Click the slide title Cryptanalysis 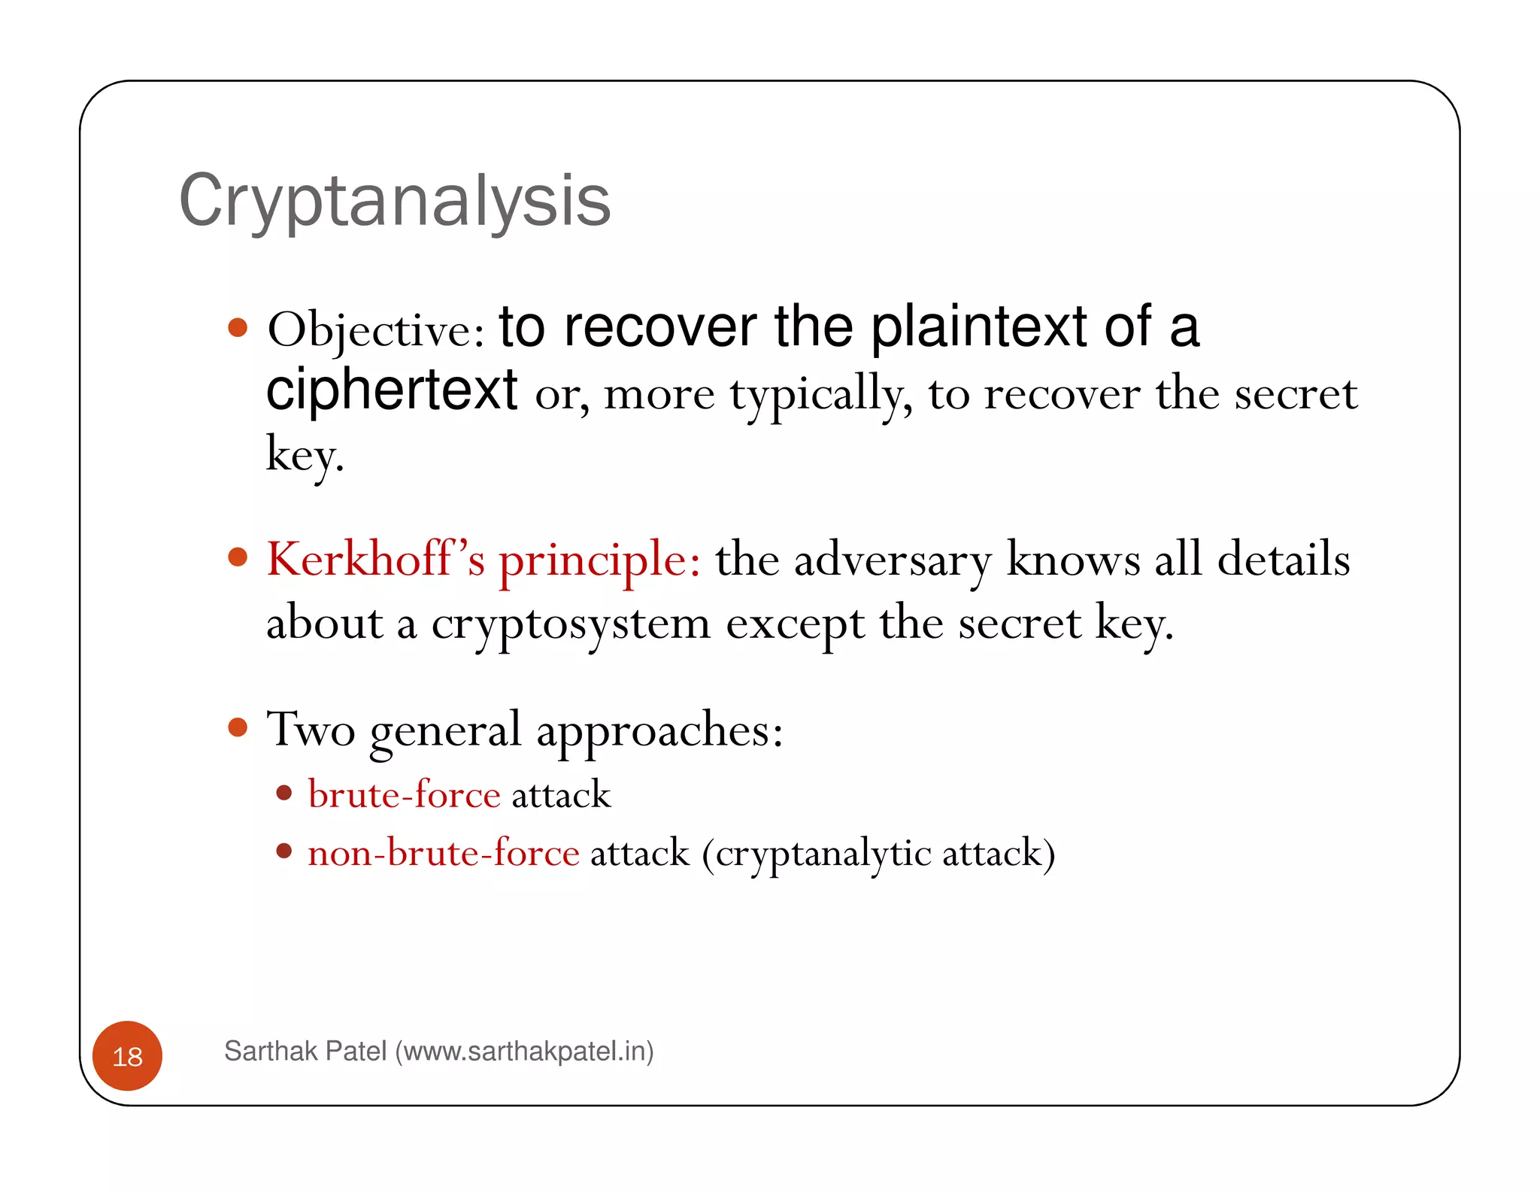pos(395,201)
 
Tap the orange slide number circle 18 pos(127,1056)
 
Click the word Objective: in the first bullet pos(376,331)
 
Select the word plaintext pos(978,328)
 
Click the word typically pos(821,395)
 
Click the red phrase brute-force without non pos(404,795)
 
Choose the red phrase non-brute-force pos(444,853)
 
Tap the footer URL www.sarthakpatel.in pos(523,1051)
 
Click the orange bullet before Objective pos(238,327)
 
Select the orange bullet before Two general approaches pos(238,727)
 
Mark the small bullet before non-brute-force pos(283,851)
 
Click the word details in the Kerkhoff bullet pos(1283,560)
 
